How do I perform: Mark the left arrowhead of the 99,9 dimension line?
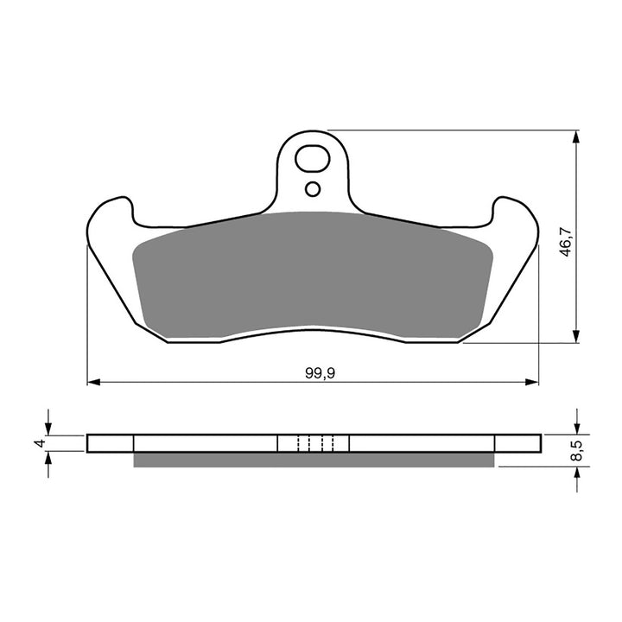pos(93,381)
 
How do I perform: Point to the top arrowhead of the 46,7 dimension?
pos(576,136)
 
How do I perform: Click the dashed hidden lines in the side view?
pos(314,443)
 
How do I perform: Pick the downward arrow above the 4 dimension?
pos(48,428)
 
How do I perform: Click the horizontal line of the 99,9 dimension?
pos(216,381)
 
